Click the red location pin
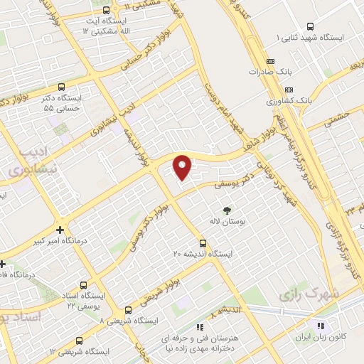183,166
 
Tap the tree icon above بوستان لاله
227,210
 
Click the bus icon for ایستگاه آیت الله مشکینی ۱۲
107,11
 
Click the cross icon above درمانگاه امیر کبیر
60,230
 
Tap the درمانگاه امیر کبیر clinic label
60,242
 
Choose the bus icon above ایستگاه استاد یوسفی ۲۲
85,284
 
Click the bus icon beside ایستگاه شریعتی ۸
128,310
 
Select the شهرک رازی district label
313,293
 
